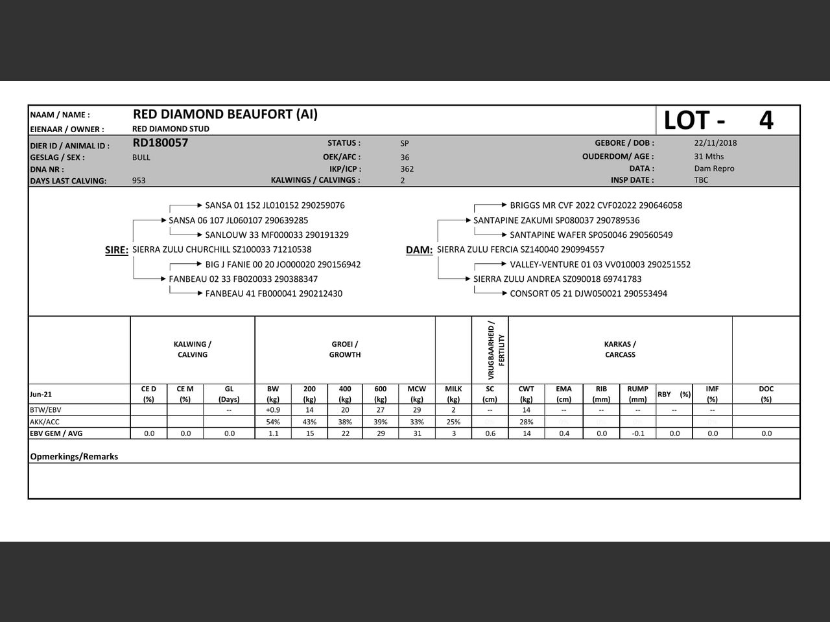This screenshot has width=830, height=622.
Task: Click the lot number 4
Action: pos(766,121)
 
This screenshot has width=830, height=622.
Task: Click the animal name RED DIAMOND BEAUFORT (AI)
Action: pos(225,115)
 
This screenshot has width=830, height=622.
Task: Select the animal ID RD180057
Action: pos(160,143)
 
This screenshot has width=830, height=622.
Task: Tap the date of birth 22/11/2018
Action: pos(715,143)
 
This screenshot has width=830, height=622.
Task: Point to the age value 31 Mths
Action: pos(709,156)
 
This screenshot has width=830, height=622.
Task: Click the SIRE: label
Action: pos(117,250)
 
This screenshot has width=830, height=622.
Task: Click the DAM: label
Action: pos(419,250)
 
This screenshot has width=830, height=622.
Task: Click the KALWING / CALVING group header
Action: pos(193,349)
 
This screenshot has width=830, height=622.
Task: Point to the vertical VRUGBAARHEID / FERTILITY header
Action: pos(496,350)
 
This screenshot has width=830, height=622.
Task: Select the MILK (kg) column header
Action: pos(453,394)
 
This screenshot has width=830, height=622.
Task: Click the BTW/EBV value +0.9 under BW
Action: pos(273,410)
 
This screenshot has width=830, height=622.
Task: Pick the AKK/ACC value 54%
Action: pos(273,422)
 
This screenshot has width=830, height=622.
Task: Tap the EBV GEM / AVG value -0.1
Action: pos(638,433)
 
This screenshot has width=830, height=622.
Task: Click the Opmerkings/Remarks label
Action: pos(74,457)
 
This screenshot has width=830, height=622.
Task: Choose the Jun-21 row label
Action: pos(41,394)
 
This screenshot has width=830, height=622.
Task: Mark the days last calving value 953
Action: pos(139,181)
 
